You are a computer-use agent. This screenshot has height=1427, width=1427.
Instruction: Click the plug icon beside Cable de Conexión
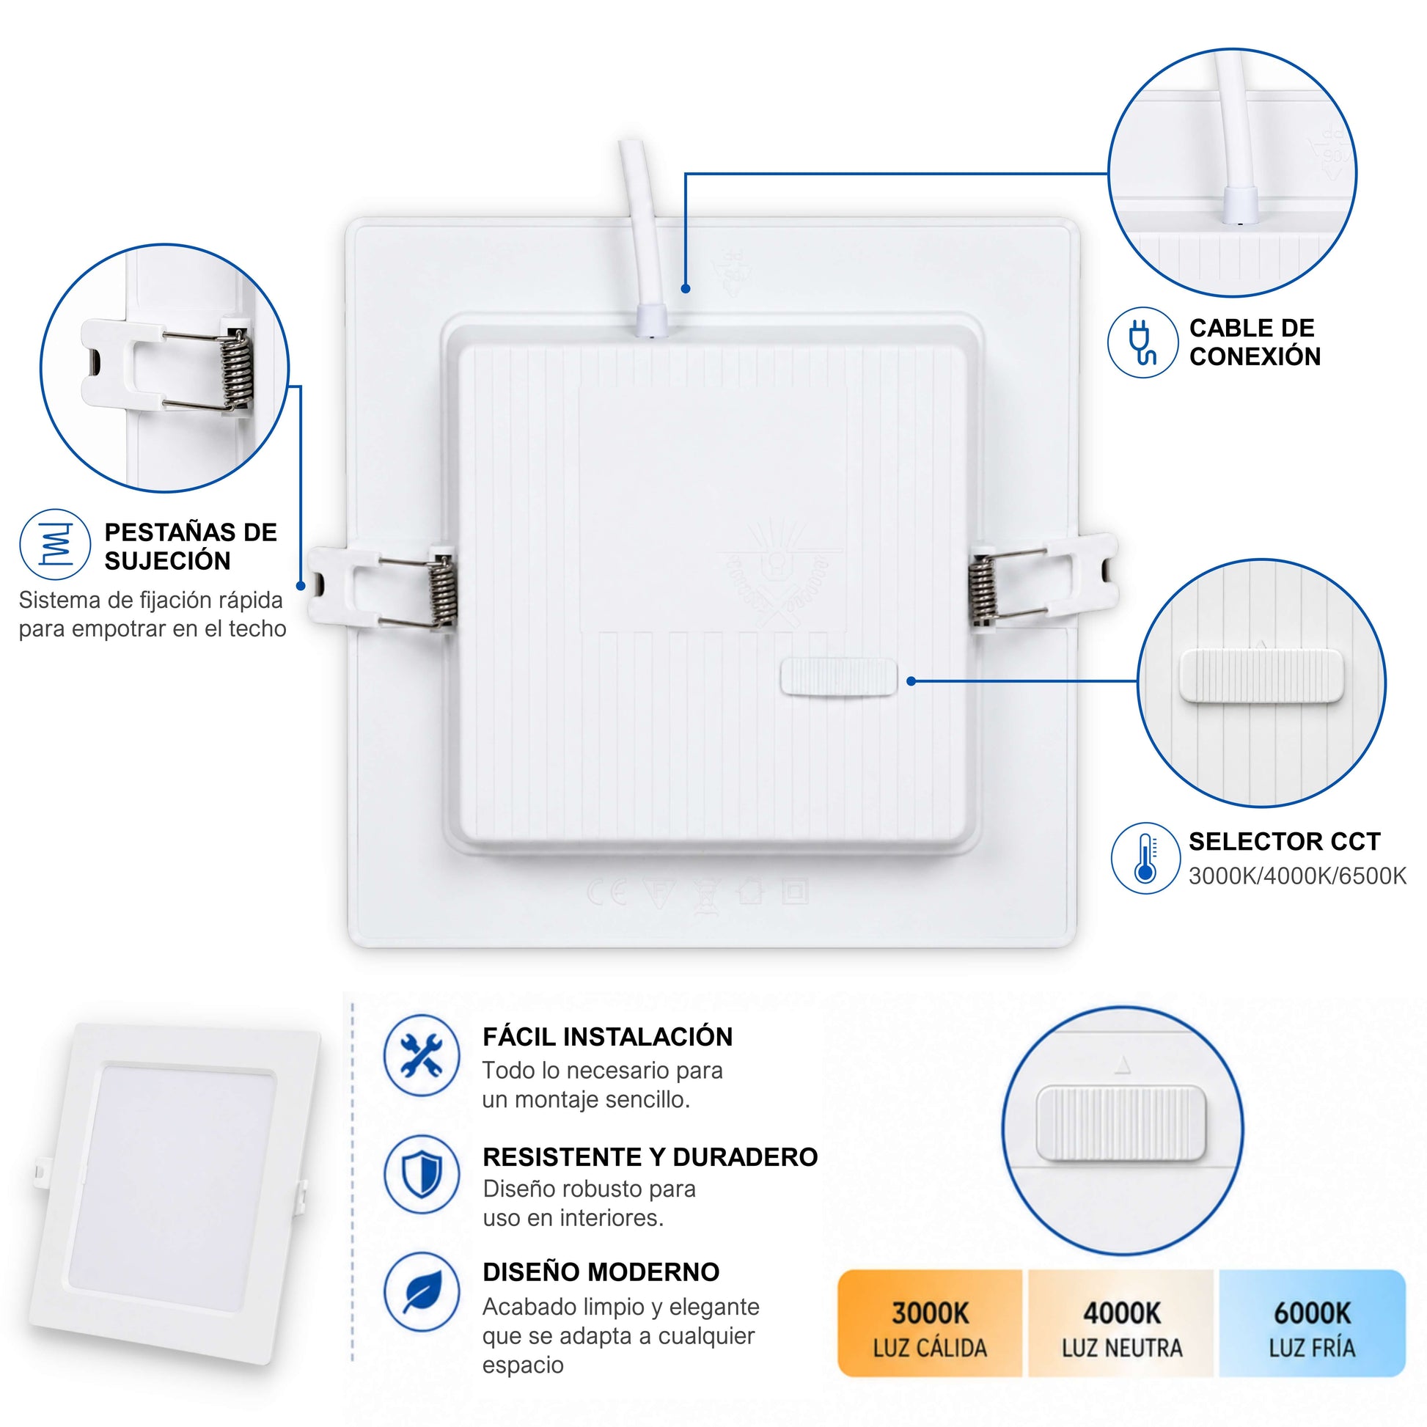1142,342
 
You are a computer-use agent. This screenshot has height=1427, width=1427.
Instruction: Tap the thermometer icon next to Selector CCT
1145,858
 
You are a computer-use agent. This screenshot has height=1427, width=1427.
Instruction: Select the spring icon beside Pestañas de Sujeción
56,544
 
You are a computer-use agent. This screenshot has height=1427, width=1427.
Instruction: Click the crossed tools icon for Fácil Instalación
422,1054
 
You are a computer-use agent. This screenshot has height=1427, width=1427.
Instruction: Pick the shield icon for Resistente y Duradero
422,1174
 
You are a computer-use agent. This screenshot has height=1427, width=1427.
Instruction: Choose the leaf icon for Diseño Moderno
422,1292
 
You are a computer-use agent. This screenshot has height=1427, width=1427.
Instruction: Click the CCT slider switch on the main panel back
838,678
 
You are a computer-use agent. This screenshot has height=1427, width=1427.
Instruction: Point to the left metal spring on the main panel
442,592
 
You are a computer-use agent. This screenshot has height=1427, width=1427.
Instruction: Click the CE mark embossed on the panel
607,892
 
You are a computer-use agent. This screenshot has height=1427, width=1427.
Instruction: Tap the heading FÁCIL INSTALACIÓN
607,1037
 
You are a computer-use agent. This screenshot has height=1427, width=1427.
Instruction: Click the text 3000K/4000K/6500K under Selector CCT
1297,876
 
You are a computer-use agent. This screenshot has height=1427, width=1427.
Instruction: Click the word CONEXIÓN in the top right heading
1255,356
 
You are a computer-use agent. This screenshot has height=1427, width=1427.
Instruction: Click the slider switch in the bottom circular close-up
1120,1123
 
